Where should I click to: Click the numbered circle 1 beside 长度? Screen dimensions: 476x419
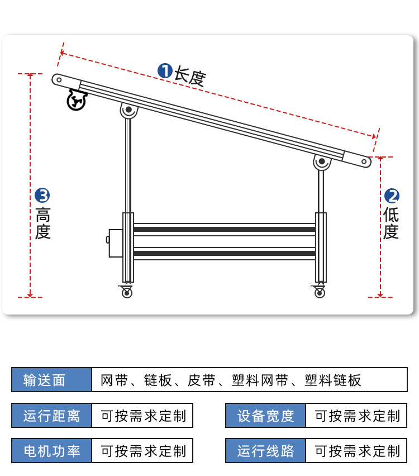[165, 71]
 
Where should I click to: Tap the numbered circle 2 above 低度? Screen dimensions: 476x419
[392, 196]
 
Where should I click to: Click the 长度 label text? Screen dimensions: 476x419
[190, 76]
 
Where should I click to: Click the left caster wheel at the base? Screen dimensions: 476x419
[127, 292]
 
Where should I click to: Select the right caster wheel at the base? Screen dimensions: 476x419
[319, 292]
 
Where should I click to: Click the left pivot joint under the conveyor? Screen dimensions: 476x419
[128, 110]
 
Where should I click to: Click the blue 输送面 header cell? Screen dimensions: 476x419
[51, 380]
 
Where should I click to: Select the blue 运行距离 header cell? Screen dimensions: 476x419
[51, 416]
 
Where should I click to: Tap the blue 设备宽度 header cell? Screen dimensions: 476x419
[265, 416]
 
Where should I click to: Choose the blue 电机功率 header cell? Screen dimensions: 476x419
[51, 451]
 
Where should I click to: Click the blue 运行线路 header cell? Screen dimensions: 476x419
[265, 451]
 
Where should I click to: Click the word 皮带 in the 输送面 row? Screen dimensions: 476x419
[202, 380]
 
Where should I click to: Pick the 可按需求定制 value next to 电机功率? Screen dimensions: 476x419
[143, 451]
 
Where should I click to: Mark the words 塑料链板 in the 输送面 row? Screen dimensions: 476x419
[333, 380]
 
